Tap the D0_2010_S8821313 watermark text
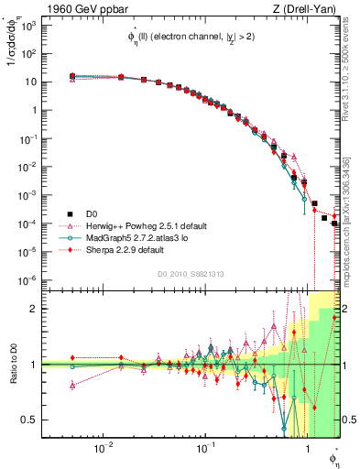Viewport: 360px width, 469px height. (191, 273)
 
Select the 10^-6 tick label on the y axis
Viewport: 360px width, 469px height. (27, 279)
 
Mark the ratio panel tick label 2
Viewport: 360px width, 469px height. (33, 310)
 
